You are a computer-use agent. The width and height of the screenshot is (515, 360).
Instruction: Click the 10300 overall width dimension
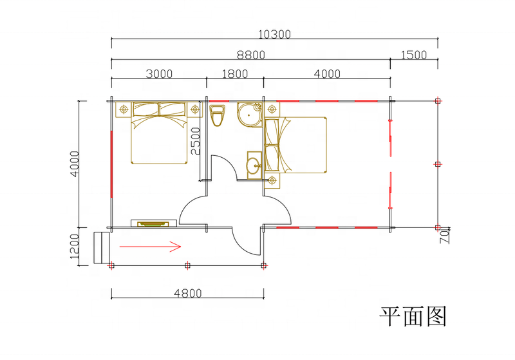coord(274,34)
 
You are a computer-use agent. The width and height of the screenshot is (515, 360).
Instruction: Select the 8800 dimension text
coord(250,55)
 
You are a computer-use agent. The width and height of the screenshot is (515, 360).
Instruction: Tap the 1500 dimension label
coord(413,55)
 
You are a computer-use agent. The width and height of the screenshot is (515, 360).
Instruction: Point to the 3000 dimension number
coord(158,73)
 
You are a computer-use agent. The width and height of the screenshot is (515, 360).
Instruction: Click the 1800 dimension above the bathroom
coord(234,73)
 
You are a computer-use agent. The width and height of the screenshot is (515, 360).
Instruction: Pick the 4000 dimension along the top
coord(327,73)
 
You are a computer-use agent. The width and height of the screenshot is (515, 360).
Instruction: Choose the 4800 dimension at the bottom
coord(187,293)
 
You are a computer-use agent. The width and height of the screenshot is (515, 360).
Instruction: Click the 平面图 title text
coord(413,316)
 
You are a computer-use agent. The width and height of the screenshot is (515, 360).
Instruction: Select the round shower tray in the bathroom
coord(248,114)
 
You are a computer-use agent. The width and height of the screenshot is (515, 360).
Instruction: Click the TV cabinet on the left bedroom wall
coord(154,223)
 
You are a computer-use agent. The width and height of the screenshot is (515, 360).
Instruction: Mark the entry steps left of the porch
coord(100,247)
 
